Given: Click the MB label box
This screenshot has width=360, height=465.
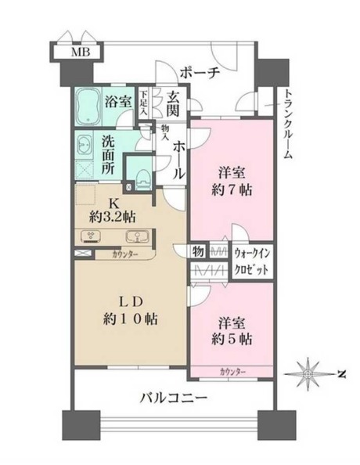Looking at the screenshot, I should pos(81,53).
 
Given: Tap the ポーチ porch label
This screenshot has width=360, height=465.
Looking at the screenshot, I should pos(199,72).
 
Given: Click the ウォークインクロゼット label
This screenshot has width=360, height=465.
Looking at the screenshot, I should pos(253,261).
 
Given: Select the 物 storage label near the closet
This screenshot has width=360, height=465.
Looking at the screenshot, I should pos(200,251).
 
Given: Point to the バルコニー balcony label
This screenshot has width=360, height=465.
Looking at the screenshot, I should pos(173,398).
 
